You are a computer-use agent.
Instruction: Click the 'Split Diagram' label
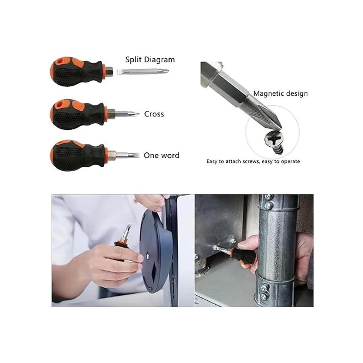coord(150,60)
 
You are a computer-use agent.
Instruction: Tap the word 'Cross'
coord(154,114)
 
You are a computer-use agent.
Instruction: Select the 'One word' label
coord(162,155)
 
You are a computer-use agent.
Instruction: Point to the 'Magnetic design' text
coord(280,93)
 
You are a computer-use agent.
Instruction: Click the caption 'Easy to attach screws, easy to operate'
coord(253,162)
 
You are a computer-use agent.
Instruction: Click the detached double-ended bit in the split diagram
coord(143,71)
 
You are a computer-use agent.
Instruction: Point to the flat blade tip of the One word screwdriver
coord(134,155)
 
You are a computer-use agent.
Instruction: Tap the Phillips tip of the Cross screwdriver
coord(134,114)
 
